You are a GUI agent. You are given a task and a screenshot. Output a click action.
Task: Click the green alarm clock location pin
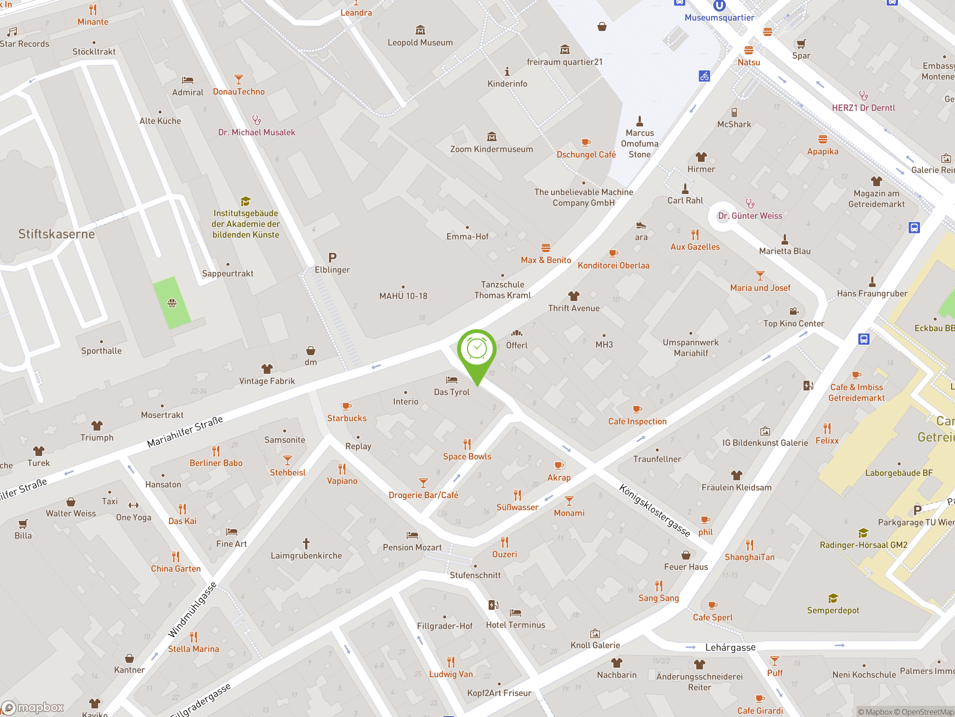[x=477, y=350]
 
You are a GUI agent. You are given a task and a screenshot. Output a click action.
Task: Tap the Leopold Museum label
[x=420, y=42]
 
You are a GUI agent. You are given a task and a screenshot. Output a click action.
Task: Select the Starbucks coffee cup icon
[x=346, y=406]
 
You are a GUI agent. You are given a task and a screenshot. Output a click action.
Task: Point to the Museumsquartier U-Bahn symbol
[x=719, y=5]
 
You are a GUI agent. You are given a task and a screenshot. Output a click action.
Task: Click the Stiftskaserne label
[x=57, y=234]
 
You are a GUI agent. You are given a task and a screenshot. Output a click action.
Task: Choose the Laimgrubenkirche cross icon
[x=306, y=543]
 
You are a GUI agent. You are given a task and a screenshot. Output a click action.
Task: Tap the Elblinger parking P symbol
[x=332, y=258]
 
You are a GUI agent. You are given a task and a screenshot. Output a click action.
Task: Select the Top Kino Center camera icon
[x=793, y=311]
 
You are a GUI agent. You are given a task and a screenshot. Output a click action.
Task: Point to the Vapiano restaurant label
[x=342, y=481]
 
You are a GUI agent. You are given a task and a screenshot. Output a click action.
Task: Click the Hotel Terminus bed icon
[x=516, y=612]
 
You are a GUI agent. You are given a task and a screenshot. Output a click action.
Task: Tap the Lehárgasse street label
[x=730, y=647]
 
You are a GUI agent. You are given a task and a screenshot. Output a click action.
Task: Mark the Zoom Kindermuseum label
[x=491, y=149]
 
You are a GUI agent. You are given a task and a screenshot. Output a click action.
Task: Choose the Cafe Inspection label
[x=637, y=421]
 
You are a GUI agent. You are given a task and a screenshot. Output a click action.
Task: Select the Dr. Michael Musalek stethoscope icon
[x=256, y=120]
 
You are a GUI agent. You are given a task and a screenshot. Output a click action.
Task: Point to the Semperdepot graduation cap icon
[x=833, y=598]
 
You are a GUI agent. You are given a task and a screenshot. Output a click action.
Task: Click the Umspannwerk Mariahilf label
[x=691, y=347]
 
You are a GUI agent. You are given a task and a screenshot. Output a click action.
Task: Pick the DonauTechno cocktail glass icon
[x=238, y=80]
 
